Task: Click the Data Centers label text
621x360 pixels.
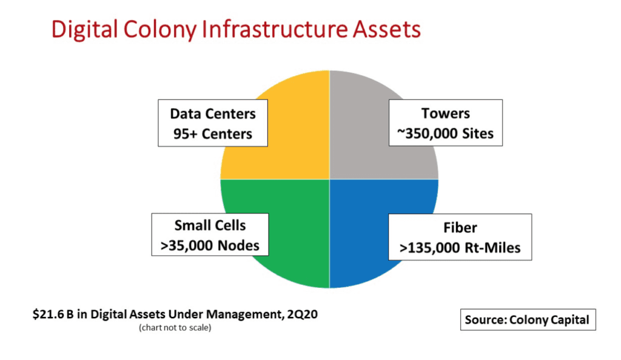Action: (x=213, y=114)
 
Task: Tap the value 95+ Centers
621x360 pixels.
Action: (x=213, y=133)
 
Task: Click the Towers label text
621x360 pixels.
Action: (x=446, y=113)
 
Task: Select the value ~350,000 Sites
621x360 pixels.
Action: (x=446, y=133)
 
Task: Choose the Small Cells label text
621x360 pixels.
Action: (x=210, y=225)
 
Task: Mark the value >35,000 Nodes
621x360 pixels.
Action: (x=210, y=245)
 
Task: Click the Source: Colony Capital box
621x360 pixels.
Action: (x=527, y=320)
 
